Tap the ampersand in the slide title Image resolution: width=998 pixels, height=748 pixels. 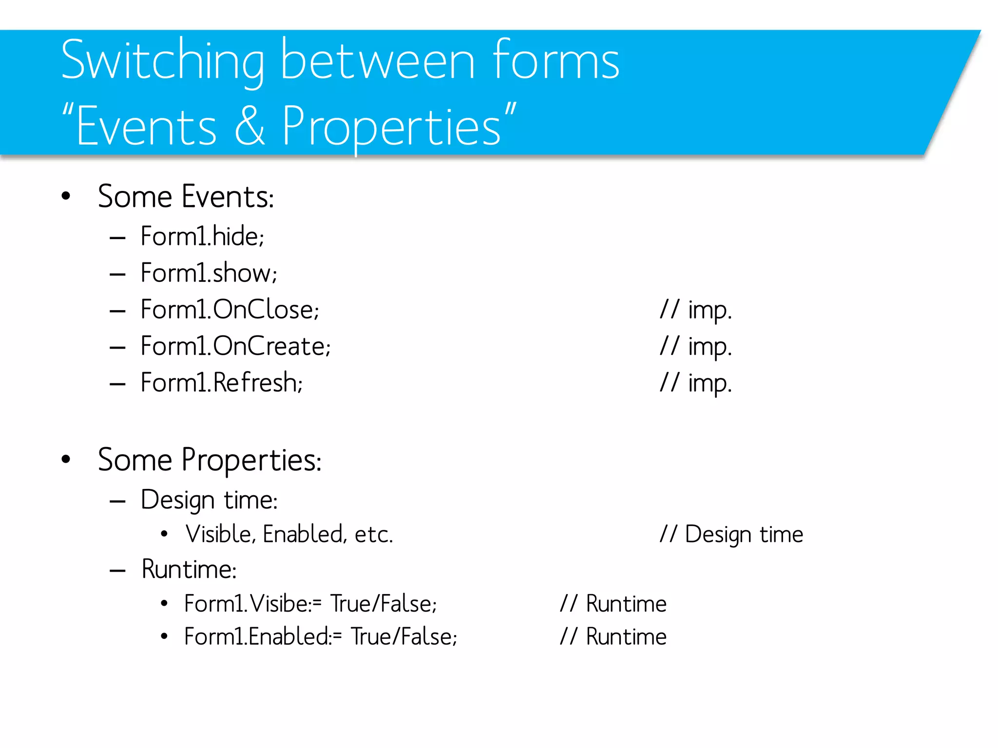(250, 126)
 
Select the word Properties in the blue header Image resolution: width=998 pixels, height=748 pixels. (391, 127)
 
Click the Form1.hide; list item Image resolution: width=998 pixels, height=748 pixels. (202, 237)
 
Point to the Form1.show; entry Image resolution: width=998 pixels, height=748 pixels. (209, 273)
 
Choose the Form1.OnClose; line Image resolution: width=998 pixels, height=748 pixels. (230, 310)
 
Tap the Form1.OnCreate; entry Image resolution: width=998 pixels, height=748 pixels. (235, 346)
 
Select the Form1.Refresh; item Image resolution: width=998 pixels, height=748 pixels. (221, 383)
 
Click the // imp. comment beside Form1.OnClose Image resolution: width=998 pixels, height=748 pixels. (695, 310)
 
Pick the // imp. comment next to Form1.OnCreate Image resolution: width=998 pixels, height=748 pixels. (695, 347)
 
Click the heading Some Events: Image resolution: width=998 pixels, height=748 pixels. (186, 197)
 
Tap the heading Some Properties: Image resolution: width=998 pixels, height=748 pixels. (210, 460)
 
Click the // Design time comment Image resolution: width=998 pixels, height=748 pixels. (731, 534)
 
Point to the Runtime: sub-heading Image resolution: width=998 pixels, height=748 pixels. (189, 569)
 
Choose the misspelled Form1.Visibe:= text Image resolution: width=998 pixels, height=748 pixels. (253, 604)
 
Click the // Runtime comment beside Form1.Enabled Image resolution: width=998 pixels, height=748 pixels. (613, 637)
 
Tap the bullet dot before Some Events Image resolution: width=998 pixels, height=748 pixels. (66, 196)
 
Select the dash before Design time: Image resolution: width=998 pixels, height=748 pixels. (118, 501)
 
